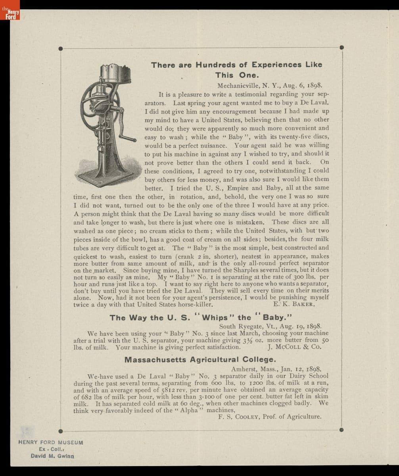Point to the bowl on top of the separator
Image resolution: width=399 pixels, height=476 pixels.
tap(115, 74)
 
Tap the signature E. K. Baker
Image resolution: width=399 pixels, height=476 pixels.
tap(294, 305)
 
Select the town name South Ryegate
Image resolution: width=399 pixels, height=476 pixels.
tap(245, 326)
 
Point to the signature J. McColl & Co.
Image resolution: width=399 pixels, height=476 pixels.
tap(294, 347)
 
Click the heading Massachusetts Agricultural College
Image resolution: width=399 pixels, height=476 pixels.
tap(200, 360)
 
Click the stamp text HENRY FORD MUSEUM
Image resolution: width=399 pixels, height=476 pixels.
tap(51, 442)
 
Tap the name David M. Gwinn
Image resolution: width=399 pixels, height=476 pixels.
tap(52, 456)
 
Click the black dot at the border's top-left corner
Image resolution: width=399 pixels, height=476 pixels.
tap(60, 49)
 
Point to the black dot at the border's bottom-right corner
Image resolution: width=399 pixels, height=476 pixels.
tap(341, 430)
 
